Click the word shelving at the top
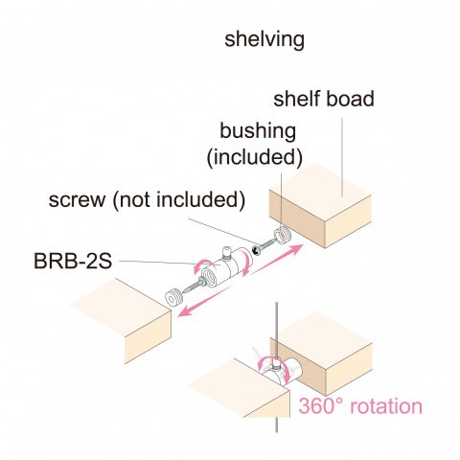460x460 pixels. tap(264, 40)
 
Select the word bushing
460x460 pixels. tap(258, 131)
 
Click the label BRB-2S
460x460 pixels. tap(73, 261)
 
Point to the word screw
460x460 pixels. tap(77, 200)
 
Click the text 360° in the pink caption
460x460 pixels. tap(320, 406)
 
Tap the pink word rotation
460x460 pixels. tap(386, 406)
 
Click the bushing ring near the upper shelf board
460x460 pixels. tap(282, 235)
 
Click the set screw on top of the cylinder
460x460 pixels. tap(226, 252)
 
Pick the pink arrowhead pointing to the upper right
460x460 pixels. tap(294, 249)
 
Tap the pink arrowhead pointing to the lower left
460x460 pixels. tap(186, 310)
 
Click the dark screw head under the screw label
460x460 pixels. tap(256, 250)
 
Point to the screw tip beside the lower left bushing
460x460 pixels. tap(185, 290)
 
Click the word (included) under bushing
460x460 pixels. tap(255, 157)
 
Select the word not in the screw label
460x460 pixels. tap(136, 200)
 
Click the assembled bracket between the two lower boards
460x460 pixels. tap(279, 371)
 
